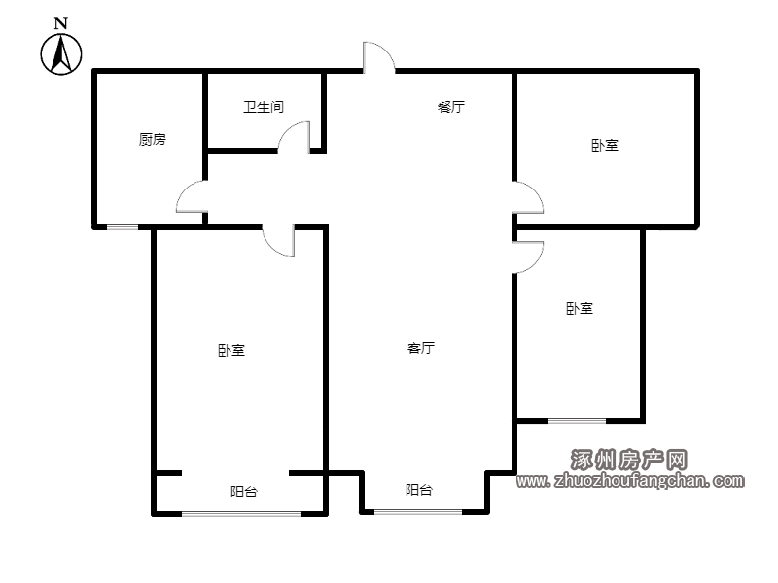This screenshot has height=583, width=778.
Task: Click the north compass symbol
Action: click(61, 54)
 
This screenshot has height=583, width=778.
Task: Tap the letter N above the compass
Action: click(60, 23)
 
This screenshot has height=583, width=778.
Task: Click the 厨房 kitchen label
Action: click(153, 139)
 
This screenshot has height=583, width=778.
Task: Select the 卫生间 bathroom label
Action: click(264, 107)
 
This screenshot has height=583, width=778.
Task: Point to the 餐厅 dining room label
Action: click(451, 107)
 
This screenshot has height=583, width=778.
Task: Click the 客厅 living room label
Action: click(421, 348)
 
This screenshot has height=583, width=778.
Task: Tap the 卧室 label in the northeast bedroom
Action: click(605, 145)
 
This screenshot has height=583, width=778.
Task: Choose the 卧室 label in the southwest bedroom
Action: click(231, 351)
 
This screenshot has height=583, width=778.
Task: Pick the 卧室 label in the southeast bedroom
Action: click(580, 308)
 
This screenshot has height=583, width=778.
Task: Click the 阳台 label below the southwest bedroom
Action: click(244, 492)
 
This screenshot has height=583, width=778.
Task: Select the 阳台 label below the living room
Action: click(419, 490)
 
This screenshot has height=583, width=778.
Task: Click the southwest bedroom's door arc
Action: click(271, 247)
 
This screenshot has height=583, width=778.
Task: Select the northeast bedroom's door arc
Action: click(535, 189)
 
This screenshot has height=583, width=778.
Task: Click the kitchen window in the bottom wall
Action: click(123, 227)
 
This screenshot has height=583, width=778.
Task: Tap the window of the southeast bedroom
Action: click(577, 421)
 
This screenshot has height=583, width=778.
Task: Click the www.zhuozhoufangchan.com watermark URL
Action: click(630, 480)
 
